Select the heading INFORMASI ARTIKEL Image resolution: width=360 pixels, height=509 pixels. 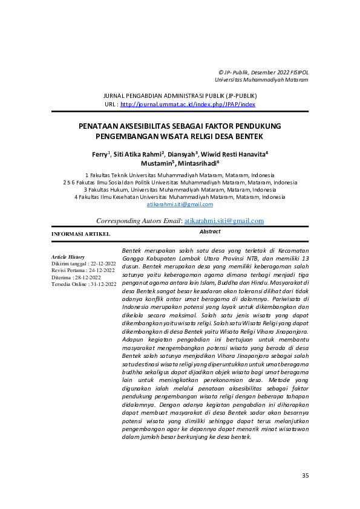(80, 233)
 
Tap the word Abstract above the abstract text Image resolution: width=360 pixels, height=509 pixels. (209, 232)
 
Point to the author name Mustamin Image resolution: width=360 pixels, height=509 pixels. (156, 163)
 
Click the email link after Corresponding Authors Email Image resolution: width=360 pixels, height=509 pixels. (224, 221)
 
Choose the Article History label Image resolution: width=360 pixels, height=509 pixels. (68, 257)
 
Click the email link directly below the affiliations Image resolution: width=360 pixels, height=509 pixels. (180, 205)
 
